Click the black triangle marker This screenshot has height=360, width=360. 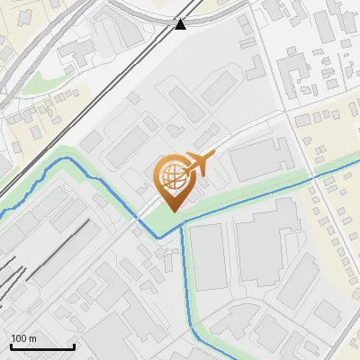click(181, 24)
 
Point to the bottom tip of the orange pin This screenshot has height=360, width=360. click(171, 211)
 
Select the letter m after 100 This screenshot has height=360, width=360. click(32, 339)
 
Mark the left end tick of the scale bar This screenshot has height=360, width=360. click(11, 346)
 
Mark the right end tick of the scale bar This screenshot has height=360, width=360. click(74, 346)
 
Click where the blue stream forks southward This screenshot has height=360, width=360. click(182, 227)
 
